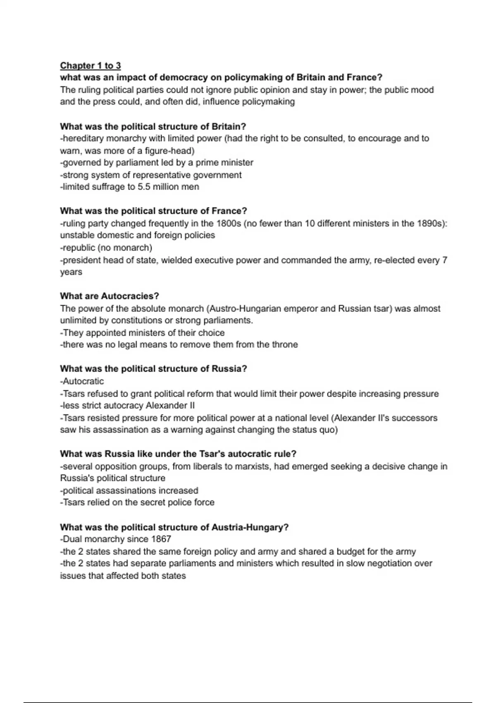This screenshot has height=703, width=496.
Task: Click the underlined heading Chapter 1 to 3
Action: click(x=90, y=65)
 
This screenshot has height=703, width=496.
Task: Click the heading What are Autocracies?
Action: click(x=109, y=296)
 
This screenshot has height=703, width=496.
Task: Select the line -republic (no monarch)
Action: click(x=106, y=248)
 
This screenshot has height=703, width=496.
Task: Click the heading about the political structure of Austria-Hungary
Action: click(x=174, y=527)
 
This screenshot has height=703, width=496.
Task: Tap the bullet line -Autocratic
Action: click(x=82, y=381)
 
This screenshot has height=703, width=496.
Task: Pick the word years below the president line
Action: click(x=71, y=272)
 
